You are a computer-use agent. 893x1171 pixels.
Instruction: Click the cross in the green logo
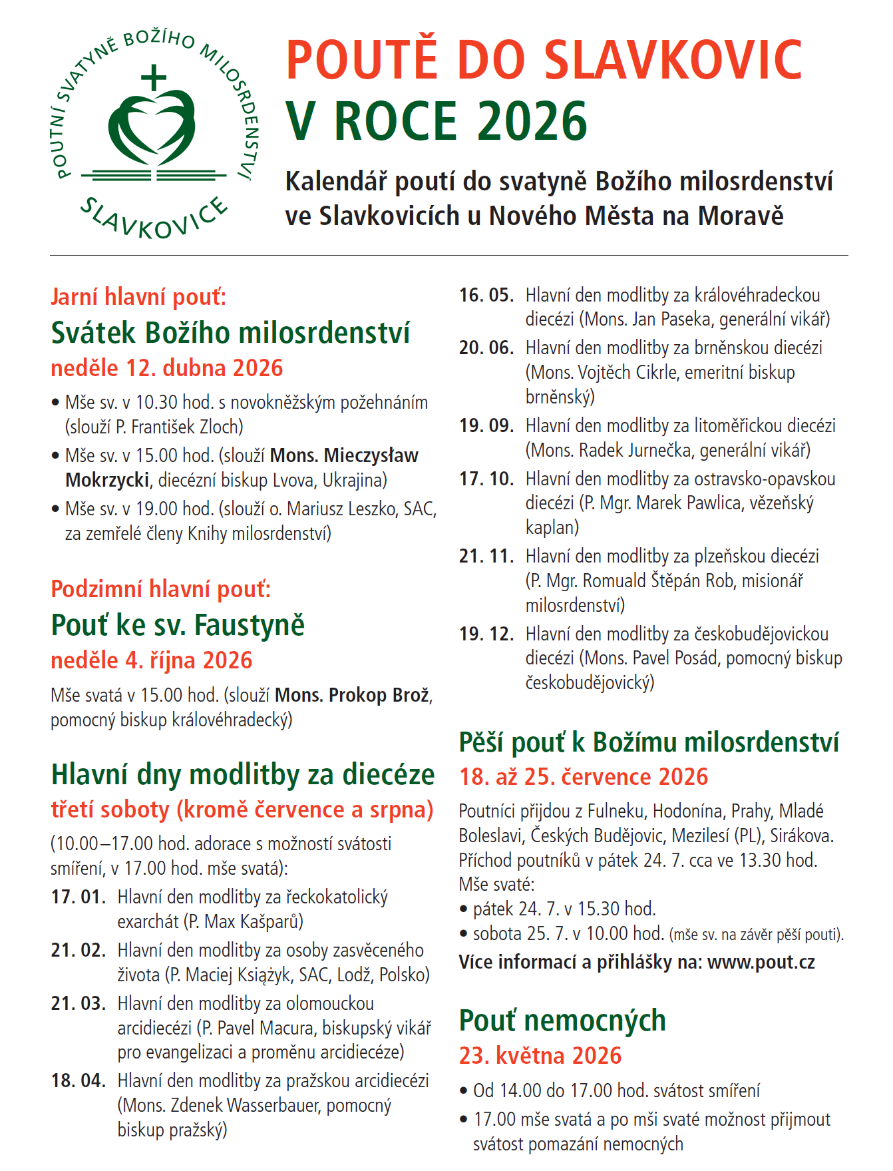click(x=154, y=77)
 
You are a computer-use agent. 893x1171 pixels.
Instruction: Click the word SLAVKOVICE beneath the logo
click(x=154, y=218)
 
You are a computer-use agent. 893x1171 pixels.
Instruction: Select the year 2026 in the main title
click(x=532, y=122)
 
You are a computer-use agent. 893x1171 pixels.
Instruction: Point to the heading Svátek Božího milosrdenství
click(x=230, y=332)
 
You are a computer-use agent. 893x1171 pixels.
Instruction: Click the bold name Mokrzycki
click(x=107, y=480)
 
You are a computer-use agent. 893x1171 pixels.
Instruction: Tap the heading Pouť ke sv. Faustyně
click(x=178, y=625)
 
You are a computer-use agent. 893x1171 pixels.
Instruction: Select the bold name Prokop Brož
click(x=353, y=695)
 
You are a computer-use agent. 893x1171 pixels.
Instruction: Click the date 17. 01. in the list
click(x=79, y=897)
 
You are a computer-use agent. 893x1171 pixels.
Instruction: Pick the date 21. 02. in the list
click(x=79, y=950)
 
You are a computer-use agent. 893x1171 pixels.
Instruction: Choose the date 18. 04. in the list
click(x=79, y=1080)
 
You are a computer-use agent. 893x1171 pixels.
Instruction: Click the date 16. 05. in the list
click(x=486, y=295)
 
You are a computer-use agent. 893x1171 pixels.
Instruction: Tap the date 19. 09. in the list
click(x=486, y=425)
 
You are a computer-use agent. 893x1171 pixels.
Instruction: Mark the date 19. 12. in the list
click(x=486, y=634)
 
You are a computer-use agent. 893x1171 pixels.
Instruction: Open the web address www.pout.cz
click(x=761, y=962)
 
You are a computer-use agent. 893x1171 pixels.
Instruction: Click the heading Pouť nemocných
click(x=562, y=1021)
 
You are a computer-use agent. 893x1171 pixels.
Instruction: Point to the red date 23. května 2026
click(x=540, y=1056)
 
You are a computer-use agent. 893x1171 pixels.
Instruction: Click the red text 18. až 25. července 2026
click(x=584, y=777)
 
